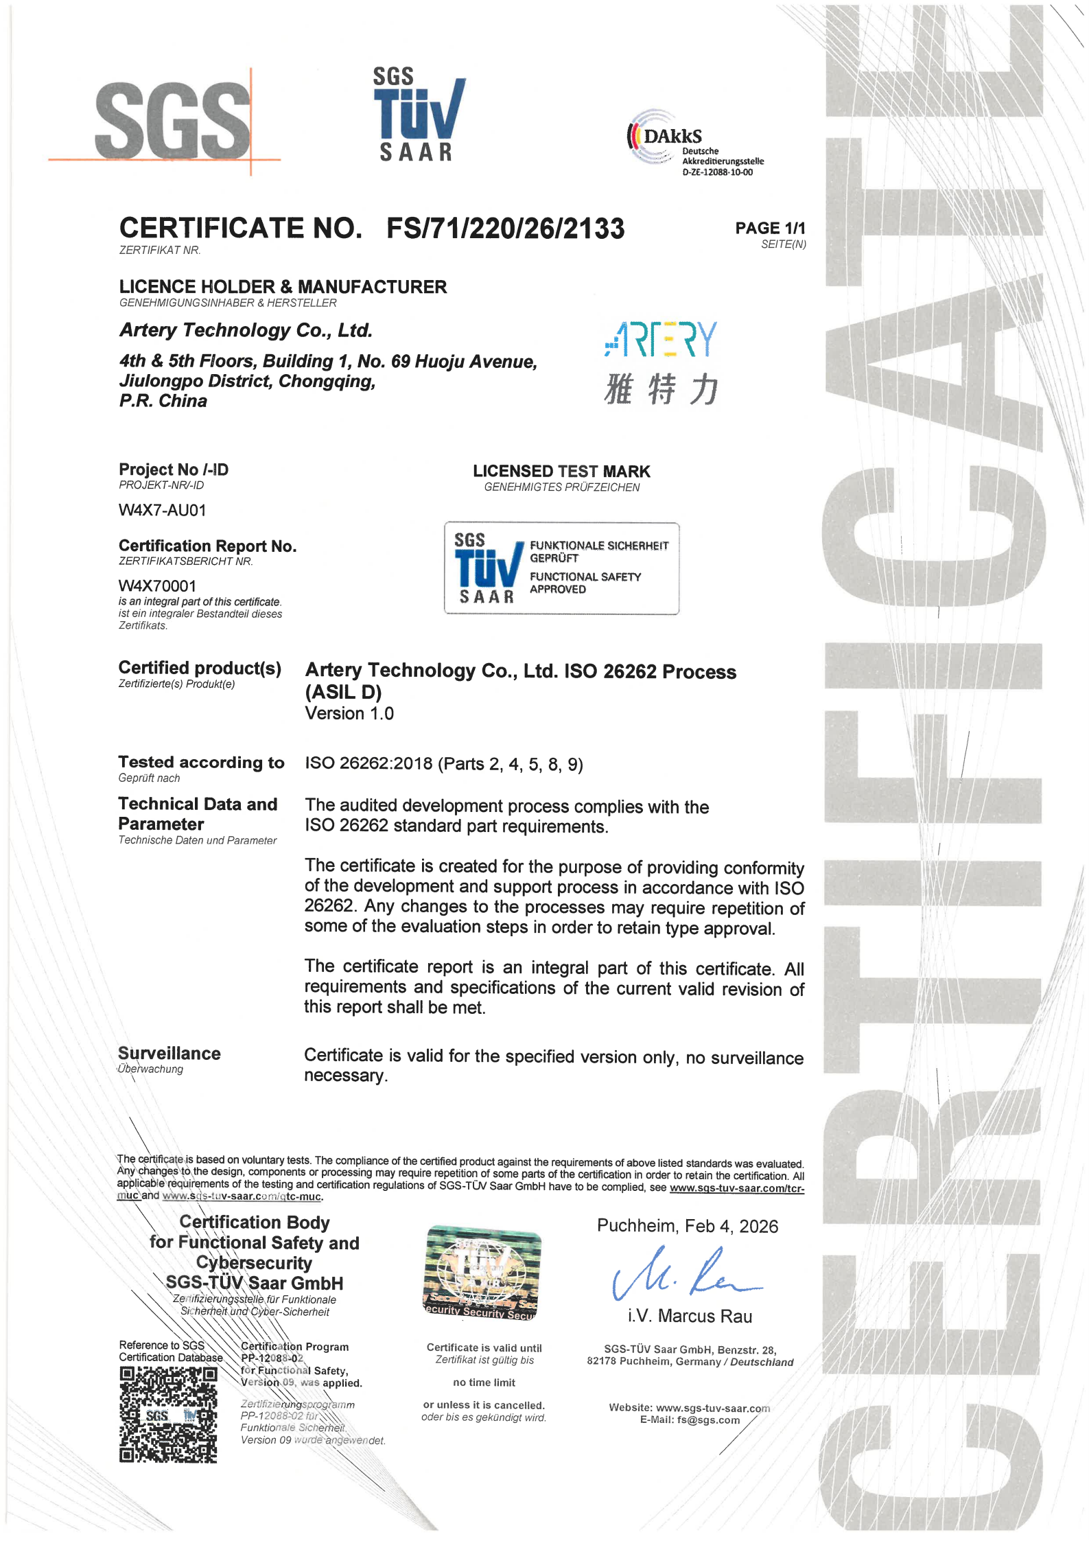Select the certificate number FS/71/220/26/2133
506,229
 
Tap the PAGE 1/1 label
769,228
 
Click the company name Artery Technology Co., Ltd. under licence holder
246,330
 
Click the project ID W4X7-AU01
162,510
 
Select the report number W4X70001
157,586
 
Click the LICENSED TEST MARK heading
561,472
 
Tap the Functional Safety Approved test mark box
561,568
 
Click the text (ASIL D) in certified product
343,692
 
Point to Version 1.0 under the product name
349,713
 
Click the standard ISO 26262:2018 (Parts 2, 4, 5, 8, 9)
444,764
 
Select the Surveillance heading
169,1054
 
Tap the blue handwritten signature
683,1275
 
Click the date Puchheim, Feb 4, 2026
687,1226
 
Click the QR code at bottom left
168,1414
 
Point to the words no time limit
484,1382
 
